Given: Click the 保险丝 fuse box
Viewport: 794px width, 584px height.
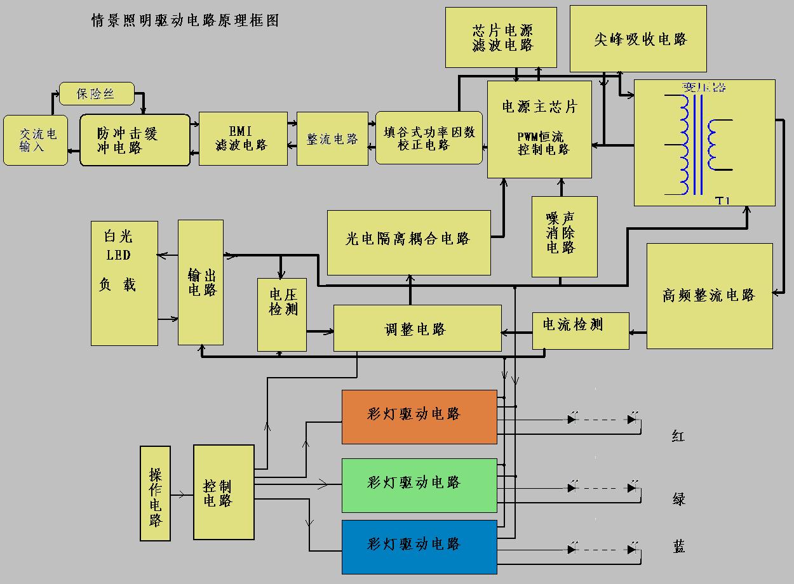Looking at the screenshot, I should (97, 94).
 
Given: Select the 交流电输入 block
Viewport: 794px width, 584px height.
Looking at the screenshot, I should (36, 140).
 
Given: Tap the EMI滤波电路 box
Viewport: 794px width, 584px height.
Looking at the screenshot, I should (242, 138).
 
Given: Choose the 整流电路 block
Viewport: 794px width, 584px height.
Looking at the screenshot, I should (332, 138).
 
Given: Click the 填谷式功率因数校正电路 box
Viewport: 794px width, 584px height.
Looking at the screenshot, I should (429, 138).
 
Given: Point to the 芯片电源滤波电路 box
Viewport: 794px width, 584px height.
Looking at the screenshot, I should (501, 37).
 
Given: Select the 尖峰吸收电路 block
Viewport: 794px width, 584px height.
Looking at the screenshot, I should (638, 39).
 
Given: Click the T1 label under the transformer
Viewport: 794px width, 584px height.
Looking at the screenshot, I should (723, 201).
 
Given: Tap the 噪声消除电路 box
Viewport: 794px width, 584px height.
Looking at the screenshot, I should (564, 236).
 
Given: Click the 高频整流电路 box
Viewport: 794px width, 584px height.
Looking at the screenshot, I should (710, 296).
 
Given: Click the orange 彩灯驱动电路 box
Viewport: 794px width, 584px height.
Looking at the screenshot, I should (419, 416).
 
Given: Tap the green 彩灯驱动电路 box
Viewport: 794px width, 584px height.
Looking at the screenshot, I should (419, 485).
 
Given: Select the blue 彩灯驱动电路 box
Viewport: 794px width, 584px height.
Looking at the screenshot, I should (419, 547).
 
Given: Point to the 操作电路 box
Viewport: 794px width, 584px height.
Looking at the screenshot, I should (155, 493).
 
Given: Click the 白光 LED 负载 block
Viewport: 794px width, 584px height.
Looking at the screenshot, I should (124, 283).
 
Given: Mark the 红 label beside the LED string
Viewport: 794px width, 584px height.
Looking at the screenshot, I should (678, 436).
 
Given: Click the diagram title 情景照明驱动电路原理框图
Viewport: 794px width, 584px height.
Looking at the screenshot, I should (185, 21).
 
